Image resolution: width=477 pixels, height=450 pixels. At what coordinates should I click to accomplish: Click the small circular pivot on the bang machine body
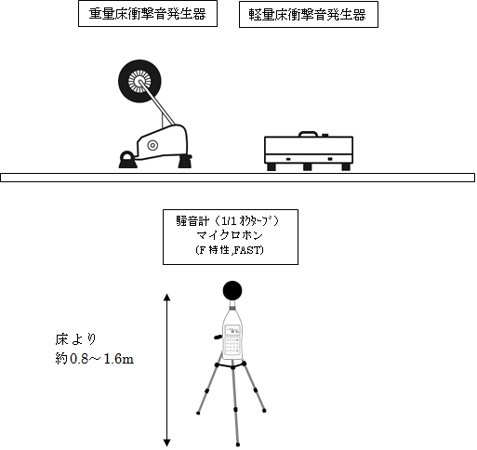click(152, 145)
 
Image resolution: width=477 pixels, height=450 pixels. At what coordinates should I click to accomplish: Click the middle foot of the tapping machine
click(307, 167)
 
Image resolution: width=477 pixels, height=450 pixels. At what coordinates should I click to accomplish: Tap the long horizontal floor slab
click(237, 178)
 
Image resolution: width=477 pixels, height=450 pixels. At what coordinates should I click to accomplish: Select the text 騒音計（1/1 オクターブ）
click(228, 221)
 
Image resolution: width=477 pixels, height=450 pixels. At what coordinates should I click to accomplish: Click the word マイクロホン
click(230, 235)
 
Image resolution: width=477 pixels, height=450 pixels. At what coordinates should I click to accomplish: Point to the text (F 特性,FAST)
click(230, 250)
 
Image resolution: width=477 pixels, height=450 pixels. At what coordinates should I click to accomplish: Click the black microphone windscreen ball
click(232, 291)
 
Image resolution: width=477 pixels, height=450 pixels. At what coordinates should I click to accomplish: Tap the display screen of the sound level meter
click(232, 330)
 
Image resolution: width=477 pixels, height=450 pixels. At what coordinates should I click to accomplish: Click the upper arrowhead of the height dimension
click(167, 298)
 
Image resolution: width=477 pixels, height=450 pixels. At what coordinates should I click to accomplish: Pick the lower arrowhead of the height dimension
click(167, 443)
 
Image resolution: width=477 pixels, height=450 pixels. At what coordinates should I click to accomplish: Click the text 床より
click(75, 339)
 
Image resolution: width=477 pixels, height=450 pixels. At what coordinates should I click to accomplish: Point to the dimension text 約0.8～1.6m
click(95, 359)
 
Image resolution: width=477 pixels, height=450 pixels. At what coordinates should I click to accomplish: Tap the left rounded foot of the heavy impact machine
click(127, 160)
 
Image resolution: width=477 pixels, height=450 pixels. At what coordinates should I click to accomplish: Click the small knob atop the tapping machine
click(325, 135)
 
